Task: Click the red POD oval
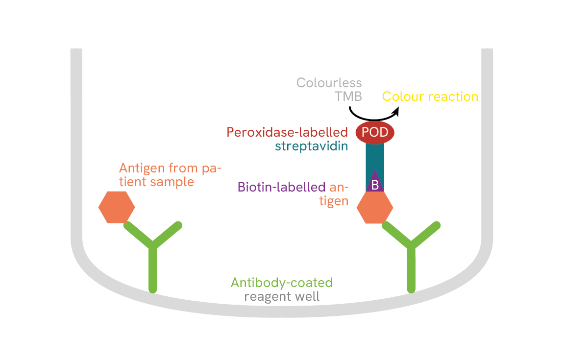[375, 132]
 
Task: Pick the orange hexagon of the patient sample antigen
[117, 207]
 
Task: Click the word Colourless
[329, 82]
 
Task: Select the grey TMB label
[348, 96]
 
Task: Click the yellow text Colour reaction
[430, 96]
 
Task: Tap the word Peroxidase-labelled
[287, 132]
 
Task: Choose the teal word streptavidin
[312, 146]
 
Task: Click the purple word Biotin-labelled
[282, 187]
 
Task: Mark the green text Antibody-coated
[282, 283]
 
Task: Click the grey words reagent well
[282, 296]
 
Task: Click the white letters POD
[375, 132]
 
